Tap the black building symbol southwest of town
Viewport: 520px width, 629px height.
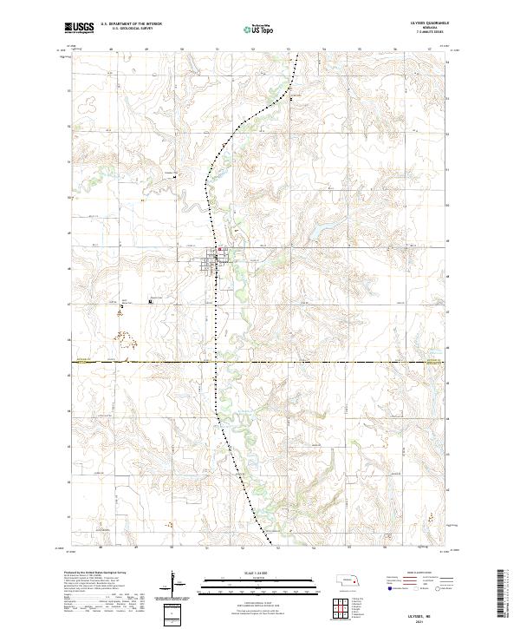coord(153,302)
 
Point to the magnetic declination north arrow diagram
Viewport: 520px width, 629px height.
coord(175,580)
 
